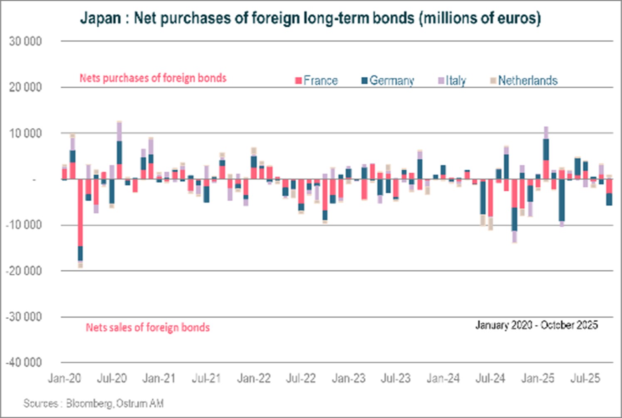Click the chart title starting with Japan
coord(310,18)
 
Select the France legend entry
coord(317,80)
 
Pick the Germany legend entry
coord(388,80)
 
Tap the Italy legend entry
coord(452,80)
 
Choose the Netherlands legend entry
coord(524,80)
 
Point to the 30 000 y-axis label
coord(25,42)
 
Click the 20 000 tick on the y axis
coord(25,87)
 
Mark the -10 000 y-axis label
coord(24,225)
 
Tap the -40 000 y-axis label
coord(24,362)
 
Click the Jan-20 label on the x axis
coord(64,378)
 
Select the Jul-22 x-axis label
coord(301,378)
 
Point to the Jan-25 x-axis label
coord(538,378)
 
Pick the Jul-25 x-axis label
coord(585,378)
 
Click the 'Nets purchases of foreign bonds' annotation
coord(153,78)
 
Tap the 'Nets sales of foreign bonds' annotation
coord(148,327)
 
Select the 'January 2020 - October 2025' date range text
coord(536,325)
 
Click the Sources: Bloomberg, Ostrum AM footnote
coord(93,403)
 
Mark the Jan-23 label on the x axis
coord(348,378)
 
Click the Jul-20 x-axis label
coord(112,378)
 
